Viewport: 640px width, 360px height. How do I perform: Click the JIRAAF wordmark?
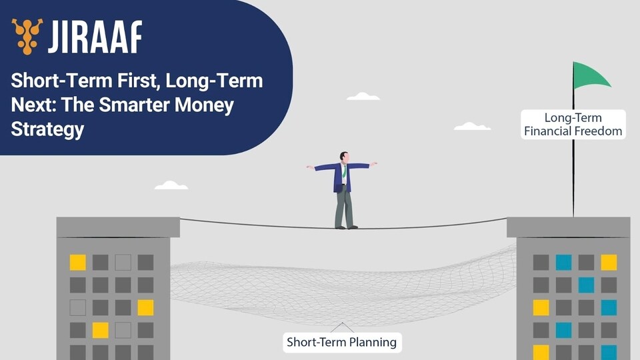tap(95, 37)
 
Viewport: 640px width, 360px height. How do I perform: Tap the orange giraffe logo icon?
tap(27, 36)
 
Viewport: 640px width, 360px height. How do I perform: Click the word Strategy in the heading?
tap(47, 129)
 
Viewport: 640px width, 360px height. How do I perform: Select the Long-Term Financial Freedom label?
tap(573, 125)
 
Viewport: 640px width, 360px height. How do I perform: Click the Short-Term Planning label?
tap(342, 342)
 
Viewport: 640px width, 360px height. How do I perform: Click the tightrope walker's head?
tap(344, 157)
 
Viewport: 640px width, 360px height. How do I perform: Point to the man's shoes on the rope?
tap(347, 227)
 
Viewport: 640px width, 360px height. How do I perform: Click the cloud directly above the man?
tap(363, 96)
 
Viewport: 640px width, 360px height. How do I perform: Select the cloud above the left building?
tap(171, 185)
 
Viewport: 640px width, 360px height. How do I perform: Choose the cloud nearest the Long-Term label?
tap(472, 126)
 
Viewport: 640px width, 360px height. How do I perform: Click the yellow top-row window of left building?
tap(77, 263)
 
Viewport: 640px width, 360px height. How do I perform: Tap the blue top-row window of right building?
tap(564, 263)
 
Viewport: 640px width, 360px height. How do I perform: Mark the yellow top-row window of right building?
tap(609, 263)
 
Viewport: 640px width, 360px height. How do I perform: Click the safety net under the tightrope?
tap(343, 290)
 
